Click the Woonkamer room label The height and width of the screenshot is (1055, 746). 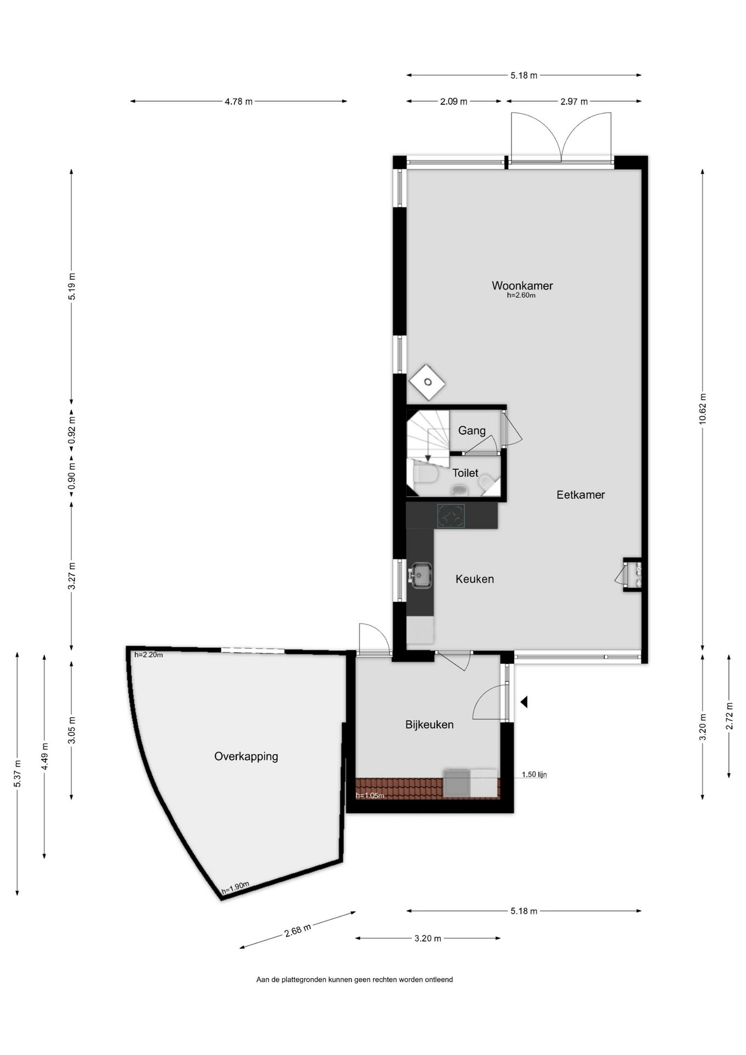(522, 286)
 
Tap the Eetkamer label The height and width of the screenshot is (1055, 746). (581, 495)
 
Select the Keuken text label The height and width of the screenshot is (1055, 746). (475, 579)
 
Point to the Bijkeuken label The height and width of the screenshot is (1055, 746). (430, 724)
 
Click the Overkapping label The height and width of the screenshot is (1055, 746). (246, 756)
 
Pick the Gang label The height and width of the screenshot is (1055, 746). (472, 430)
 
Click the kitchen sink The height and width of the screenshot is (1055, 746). (421, 575)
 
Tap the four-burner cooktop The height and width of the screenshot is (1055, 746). (451, 516)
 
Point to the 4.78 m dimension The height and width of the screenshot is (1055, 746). (238, 101)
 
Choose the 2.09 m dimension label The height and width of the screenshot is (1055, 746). (454, 101)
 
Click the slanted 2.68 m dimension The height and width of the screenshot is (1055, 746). (298, 930)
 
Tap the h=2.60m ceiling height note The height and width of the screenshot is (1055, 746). (521, 295)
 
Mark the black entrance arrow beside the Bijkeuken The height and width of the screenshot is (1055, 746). (524, 702)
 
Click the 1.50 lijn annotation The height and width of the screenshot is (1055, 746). (534, 775)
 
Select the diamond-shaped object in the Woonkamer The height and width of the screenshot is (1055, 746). (427, 382)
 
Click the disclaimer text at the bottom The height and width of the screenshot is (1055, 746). (354, 979)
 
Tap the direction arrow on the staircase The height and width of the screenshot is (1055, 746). (428, 458)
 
